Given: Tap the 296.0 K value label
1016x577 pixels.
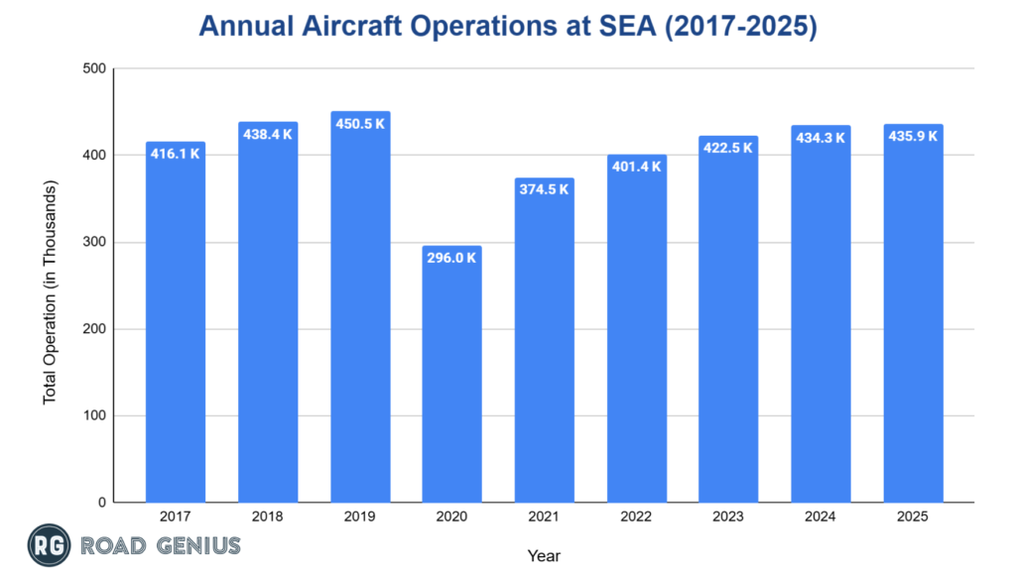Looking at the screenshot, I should [451, 258].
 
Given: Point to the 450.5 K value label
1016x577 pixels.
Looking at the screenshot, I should [359, 124].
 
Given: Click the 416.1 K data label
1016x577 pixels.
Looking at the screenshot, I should [176, 154].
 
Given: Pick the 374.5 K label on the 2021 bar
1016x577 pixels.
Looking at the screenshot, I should [544, 189].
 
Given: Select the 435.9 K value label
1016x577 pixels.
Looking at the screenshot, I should [913, 136].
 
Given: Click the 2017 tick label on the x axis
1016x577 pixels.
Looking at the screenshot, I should [176, 517].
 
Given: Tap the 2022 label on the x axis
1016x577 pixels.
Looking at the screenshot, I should [636, 517].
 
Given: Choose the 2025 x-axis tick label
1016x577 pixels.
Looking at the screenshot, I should [913, 517].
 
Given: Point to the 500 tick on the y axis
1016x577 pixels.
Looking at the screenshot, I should [94, 69].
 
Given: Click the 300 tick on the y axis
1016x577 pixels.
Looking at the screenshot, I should [94, 243].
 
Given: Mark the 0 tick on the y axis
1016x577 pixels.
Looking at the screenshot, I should [101, 503].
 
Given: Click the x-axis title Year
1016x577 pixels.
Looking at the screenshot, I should [544, 556].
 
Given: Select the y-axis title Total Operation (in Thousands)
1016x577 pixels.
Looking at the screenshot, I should [50, 291].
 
